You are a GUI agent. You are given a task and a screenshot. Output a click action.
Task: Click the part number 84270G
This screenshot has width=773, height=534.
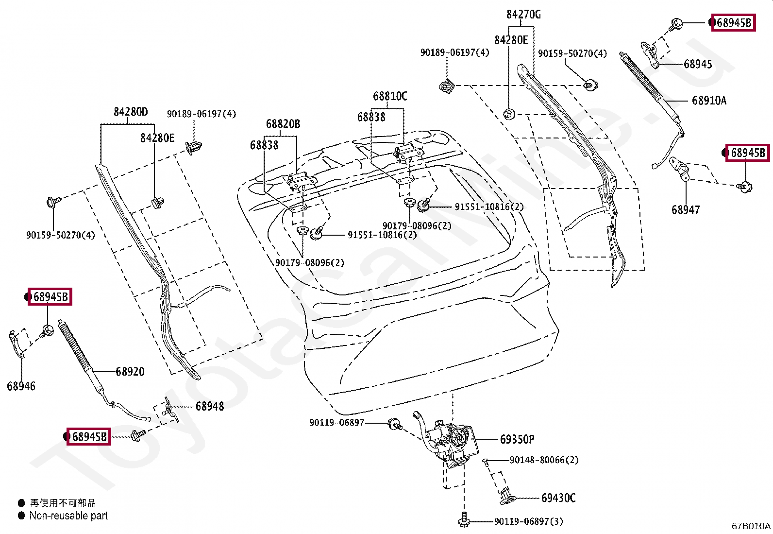(523, 15)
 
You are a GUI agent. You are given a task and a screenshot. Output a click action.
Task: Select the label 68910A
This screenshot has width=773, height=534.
(709, 101)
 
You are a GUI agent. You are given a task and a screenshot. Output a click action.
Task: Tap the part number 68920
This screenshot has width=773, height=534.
(130, 372)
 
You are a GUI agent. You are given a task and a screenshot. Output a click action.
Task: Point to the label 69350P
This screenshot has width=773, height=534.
(517, 439)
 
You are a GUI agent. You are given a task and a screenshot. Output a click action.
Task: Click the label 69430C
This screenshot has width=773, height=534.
(558, 498)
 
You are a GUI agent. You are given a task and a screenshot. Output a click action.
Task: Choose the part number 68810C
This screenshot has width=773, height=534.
(390, 96)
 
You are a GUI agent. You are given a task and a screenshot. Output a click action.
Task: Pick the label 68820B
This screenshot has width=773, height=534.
(283, 123)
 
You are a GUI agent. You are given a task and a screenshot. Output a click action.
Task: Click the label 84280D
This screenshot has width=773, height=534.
(131, 112)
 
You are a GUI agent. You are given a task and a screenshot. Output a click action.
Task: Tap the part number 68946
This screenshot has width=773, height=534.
(21, 386)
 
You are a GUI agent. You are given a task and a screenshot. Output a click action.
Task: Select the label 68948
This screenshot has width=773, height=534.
(210, 406)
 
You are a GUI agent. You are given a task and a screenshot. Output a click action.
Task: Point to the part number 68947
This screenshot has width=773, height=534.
(686, 209)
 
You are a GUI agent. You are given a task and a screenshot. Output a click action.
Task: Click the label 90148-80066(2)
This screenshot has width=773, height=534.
(544, 460)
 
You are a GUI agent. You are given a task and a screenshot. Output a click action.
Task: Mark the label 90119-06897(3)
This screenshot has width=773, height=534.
(529, 521)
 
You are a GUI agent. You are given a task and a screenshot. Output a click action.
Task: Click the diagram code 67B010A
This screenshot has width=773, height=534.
(751, 526)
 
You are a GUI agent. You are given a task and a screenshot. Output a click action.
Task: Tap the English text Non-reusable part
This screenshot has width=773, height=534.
(68, 516)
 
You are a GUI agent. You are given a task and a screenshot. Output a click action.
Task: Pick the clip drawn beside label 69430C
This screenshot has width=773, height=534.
(506, 497)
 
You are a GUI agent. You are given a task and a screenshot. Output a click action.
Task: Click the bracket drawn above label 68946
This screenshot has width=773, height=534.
(16, 344)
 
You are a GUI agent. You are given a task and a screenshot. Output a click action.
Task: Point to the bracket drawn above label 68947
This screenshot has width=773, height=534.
(679, 169)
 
